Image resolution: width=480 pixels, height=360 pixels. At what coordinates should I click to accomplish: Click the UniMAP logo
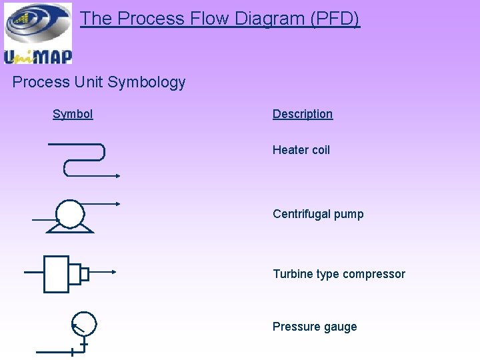pyautogui.click(x=38, y=33)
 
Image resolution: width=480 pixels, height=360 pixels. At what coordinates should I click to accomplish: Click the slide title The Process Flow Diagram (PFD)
pyautogui.click(x=220, y=19)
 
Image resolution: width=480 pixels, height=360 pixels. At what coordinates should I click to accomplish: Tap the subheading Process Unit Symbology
pyautogui.click(x=99, y=83)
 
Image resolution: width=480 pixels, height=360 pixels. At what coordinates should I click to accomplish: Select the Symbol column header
pyautogui.click(x=73, y=114)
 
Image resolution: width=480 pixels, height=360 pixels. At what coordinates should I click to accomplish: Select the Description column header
pyautogui.click(x=302, y=114)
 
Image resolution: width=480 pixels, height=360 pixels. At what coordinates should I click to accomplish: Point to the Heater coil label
pyautogui.click(x=301, y=150)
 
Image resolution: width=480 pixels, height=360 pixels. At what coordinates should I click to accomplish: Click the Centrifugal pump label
pyautogui.click(x=318, y=214)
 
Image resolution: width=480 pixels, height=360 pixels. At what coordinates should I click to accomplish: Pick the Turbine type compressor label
pyautogui.click(x=339, y=274)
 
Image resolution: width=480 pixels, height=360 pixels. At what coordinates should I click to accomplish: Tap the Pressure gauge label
pyautogui.click(x=315, y=327)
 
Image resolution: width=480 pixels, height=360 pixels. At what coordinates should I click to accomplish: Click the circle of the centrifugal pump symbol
pyautogui.click(x=70, y=214)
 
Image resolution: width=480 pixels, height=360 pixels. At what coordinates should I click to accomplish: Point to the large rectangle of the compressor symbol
pyautogui.click(x=57, y=273)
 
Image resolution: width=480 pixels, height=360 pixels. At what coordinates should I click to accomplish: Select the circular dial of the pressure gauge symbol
pyautogui.click(x=84, y=324)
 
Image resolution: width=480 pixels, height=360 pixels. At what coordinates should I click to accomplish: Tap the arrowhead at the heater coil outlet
pyautogui.click(x=117, y=176)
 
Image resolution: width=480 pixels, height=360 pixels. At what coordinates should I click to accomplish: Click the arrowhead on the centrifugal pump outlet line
pyautogui.click(x=117, y=203)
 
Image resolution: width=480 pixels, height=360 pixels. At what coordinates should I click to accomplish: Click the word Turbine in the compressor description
pyautogui.click(x=291, y=274)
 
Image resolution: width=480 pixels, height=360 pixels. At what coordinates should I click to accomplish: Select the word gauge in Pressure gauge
pyautogui.click(x=340, y=327)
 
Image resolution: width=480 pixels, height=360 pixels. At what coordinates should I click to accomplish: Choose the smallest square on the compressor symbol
pyautogui.click(x=85, y=273)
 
